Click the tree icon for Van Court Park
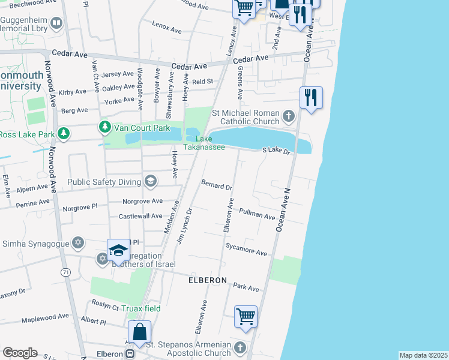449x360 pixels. click(106, 127)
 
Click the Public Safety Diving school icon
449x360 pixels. click(150, 181)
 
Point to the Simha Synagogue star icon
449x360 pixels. click(77, 242)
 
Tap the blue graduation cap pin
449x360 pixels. click(119, 251)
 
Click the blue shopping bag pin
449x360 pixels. click(139, 332)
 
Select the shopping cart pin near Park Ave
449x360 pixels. click(246, 316)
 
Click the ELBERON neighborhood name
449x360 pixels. click(207, 280)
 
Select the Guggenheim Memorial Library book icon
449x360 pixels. click(56, 23)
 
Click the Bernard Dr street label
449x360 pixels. click(217, 185)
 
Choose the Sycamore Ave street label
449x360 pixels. click(246, 250)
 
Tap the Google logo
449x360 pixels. click(20, 352)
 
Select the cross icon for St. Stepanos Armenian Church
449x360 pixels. click(240, 348)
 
